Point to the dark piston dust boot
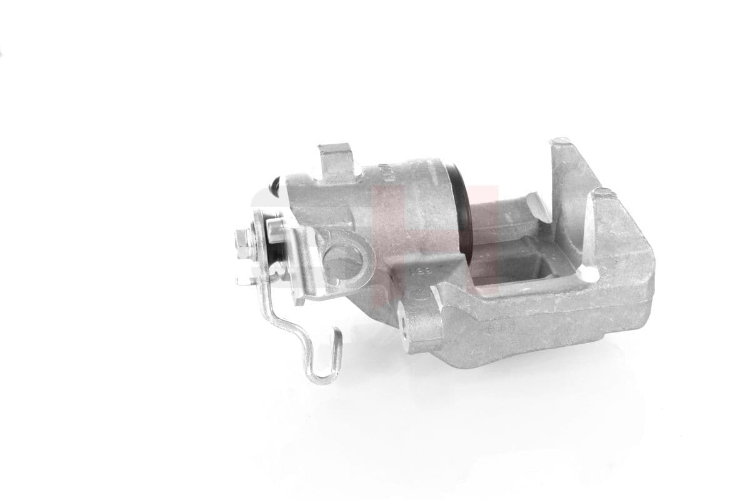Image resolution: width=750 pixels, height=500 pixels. [x=462, y=212]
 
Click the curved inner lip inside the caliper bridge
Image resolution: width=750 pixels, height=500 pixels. [x=537, y=206]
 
